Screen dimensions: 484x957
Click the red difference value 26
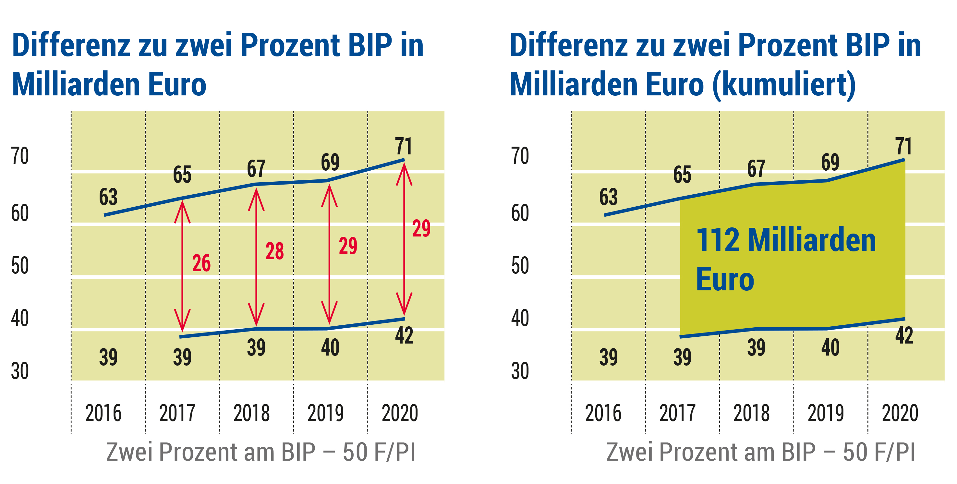201,263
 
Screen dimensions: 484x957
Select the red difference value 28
274,251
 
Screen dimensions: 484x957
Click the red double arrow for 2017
182,266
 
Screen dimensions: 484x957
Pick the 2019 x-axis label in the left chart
325,413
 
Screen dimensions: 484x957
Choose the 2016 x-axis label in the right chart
603,413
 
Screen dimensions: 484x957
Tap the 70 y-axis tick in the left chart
20,156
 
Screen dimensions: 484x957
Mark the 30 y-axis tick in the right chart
520,371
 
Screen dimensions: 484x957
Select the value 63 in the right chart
608,197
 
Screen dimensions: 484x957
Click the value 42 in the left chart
404,335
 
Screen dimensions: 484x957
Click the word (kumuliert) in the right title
784,84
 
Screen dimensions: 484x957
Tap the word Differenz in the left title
71,45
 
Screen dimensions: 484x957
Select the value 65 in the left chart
182,175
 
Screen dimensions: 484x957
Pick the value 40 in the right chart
830,348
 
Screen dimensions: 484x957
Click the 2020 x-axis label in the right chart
900,413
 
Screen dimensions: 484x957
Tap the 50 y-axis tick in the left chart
20,266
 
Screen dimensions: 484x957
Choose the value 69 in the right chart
830,162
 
